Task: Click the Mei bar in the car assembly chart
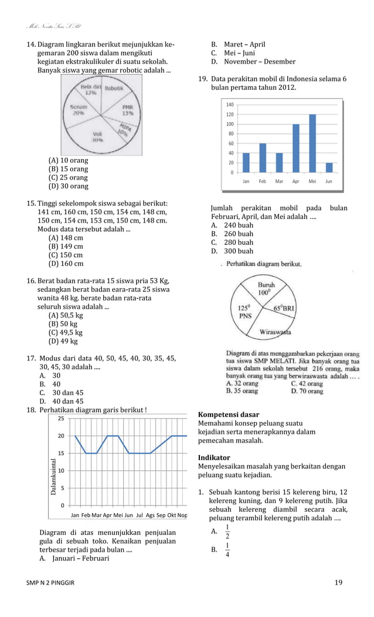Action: click(x=312, y=143)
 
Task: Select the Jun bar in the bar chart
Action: click(x=329, y=167)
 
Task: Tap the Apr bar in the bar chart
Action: click(x=296, y=148)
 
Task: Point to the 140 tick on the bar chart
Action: click(x=229, y=104)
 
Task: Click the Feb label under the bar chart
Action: click(x=263, y=181)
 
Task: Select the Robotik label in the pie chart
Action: click(x=114, y=89)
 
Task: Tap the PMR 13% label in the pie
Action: click(x=127, y=110)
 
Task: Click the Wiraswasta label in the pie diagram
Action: click(x=276, y=333)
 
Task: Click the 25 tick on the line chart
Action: click(x=61, y=419)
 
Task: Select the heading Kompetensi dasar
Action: click(x=229, y=414)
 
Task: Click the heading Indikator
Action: click(x=214, y=457)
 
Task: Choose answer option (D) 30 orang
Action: click(x=68, y=186)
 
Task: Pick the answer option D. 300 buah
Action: click(x=233, y=251)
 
